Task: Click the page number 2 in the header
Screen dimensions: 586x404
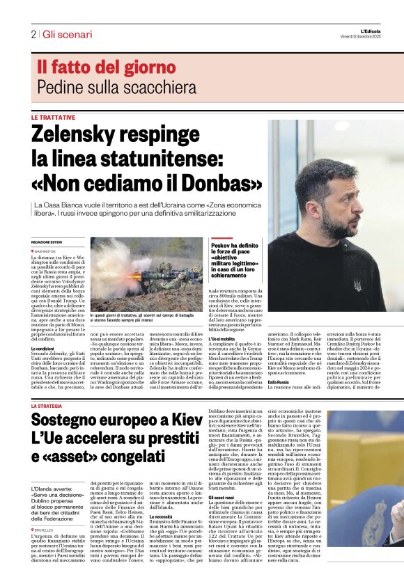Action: pos(33,34)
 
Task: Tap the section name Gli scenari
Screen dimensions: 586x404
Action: pos(67,34)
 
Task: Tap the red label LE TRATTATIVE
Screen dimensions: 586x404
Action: pos(53,118)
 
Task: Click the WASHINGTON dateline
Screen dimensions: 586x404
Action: pos(46,251)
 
